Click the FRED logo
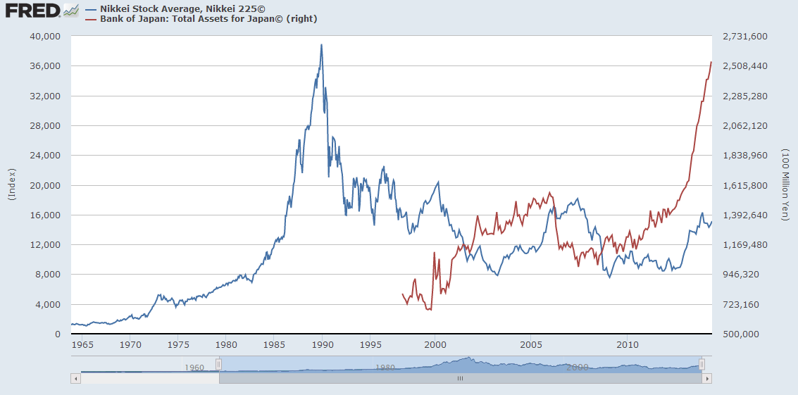click(x=32, y=11)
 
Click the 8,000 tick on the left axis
click(x=49, y=275)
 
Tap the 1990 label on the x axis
click(x=322, y=345)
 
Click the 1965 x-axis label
click(x=82, y=345)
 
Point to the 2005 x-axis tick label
click(x=532, y=345)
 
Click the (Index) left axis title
click(x=12, y=185)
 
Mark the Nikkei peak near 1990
click(x=322, y=45)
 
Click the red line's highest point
click(x=711, y=62)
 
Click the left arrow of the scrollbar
click(x=75, y=378)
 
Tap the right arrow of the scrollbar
click(x=706, y=378)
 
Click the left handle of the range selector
click(x=218, y=363)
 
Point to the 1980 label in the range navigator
click(x=385, y=368)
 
